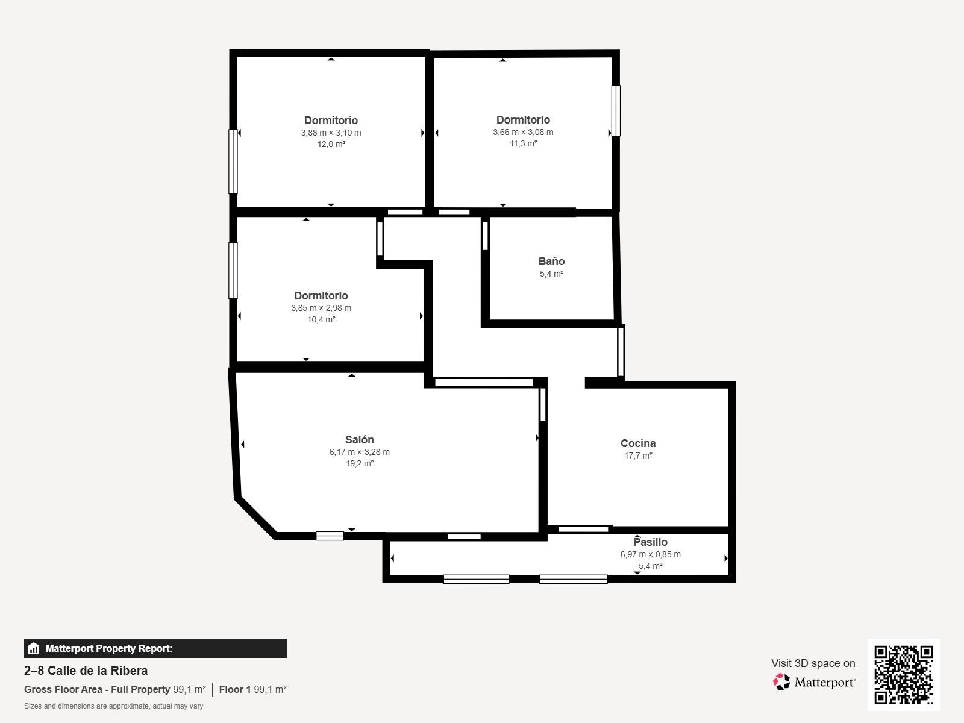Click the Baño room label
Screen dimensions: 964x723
point(551,261)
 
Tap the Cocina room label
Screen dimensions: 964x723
point(637,443)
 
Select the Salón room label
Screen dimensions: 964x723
point(359,439)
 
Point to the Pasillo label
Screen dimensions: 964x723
point(651,542)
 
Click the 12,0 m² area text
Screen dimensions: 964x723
point(331,144)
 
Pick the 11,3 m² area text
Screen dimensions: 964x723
point(523,143)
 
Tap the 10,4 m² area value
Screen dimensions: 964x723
point(321,319)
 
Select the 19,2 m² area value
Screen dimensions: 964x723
point(359,463)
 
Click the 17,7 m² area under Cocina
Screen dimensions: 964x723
point(638,455)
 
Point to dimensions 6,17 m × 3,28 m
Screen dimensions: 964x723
point(359,452)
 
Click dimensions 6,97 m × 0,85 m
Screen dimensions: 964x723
point(651,554)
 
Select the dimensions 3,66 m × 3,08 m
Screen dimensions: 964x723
point(523,132)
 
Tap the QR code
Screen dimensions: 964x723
point(903,675)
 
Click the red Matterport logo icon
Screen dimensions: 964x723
point(781,682)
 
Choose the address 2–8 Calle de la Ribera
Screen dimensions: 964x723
point(86,671)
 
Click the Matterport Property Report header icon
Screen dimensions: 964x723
point(34,648)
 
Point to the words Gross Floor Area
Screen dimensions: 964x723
point(63,690)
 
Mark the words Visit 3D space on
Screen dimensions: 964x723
point(813,663)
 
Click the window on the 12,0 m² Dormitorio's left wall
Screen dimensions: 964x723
point(233,161)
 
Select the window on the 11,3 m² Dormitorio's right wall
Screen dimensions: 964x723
point(616,111)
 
